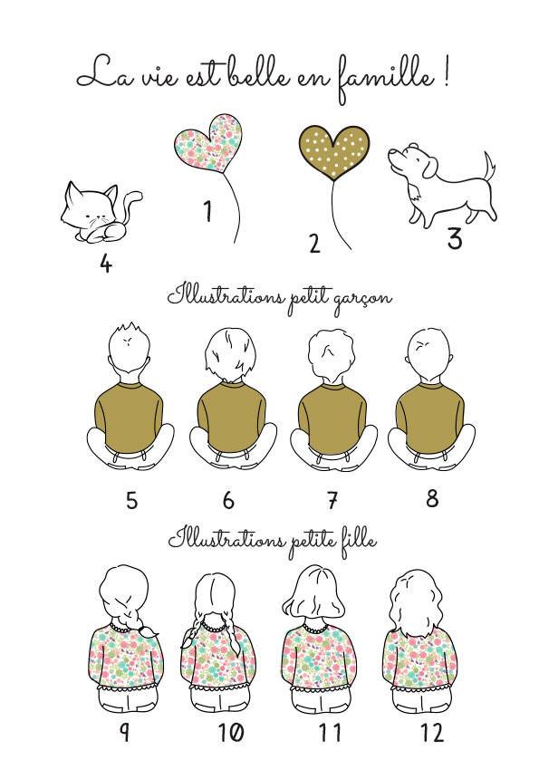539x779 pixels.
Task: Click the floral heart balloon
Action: (208, 144)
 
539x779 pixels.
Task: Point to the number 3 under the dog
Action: (455, 238)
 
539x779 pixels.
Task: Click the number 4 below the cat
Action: (105, 264)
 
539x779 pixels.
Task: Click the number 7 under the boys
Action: (332, 500)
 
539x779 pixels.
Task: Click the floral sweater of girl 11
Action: (317, 656)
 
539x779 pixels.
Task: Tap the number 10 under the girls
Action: (231, 732)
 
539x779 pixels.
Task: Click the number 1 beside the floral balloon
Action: (208, 211)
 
